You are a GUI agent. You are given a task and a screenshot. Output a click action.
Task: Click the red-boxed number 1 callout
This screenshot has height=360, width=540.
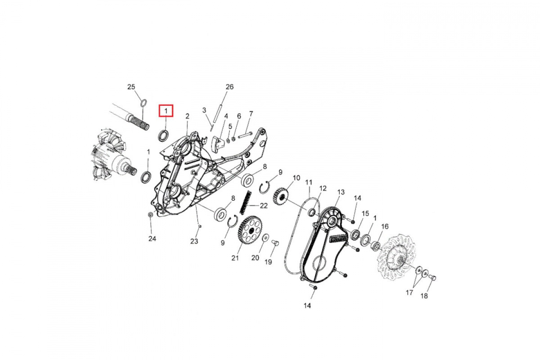tap(166, 111)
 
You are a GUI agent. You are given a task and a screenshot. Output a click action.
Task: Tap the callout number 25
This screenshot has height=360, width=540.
tap(131, 87)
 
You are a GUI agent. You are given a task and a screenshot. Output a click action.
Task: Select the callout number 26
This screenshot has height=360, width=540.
tap(229, 87)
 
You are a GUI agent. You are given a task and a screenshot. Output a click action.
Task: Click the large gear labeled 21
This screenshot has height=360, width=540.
tap(250, 228)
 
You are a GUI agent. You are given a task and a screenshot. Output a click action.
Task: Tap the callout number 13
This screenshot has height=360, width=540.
tap(341, 192)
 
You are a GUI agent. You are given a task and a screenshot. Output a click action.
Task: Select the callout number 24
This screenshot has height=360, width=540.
tap(152, 238)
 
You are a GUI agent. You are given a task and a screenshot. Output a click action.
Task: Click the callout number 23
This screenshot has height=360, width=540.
tap(194, 241)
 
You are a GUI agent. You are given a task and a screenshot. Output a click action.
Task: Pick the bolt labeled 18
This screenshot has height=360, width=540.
tap(433, 278)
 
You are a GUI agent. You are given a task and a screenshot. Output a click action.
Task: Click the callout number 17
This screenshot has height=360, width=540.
tap(409, 293)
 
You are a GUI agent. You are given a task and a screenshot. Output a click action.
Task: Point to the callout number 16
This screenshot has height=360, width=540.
tap(385, 226)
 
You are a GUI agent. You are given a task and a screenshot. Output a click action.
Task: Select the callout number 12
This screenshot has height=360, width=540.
tap(323, 188)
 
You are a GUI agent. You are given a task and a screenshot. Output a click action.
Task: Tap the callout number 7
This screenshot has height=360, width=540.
tap(251, 113)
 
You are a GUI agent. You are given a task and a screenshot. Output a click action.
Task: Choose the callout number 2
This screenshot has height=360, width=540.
tap(187, 116)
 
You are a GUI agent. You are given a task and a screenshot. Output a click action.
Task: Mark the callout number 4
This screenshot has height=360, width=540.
tap(226, 116)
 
